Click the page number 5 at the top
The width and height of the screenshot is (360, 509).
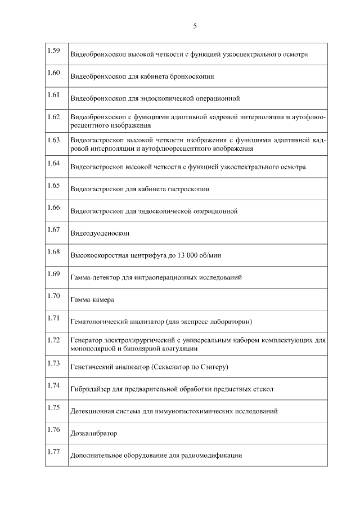(x=195, y=26)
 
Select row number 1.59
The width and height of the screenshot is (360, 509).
(x=54, y=51)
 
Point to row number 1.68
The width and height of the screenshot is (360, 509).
(x=54, y=251)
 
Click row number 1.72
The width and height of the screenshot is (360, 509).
(x=54, y=340)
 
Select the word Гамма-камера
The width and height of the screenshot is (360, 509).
(x=92, y=300)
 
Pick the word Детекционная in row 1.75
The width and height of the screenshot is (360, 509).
(x=93, y=411)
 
